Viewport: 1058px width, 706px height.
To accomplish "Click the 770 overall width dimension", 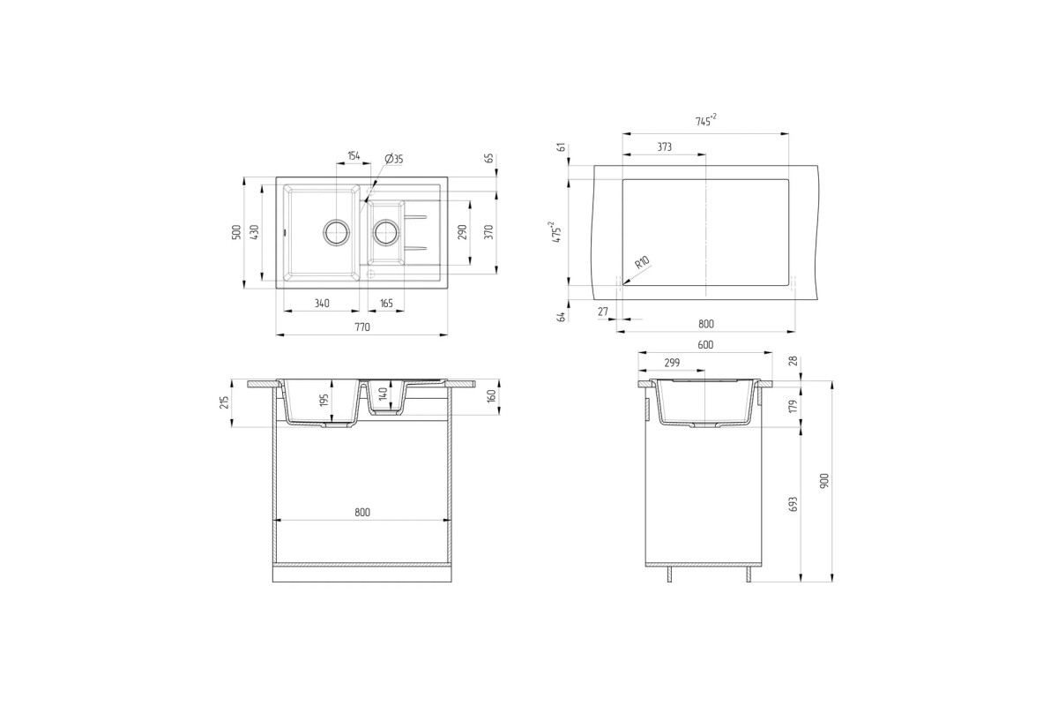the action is pos(362,327).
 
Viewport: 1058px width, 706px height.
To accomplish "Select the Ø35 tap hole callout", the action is pos(394,159).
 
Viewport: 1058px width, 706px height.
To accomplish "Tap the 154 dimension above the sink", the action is pos(354,155).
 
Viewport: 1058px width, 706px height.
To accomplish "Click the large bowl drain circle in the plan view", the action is pos(337,232).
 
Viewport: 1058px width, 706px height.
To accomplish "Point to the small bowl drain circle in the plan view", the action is pos(387,232).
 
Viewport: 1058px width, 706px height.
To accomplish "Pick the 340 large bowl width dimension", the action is pos(322,304).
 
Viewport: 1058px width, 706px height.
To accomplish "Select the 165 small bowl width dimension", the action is pos(386,304).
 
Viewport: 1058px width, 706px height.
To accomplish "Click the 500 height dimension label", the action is pos(236,232).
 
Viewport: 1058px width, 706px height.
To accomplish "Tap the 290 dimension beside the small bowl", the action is pos(462,232).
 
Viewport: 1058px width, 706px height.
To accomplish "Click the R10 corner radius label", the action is pos(643,262).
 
